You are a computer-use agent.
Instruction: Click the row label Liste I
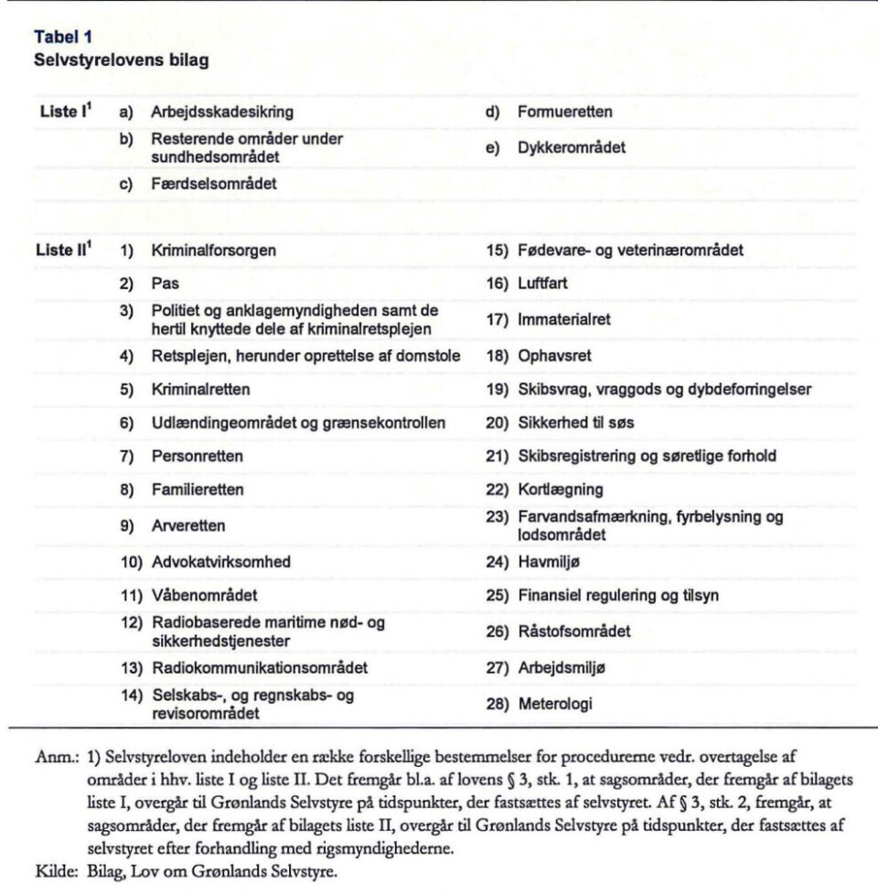point(64,112)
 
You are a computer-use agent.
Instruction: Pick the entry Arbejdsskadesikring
point(222,113)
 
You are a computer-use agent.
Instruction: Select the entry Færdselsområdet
point(214,183)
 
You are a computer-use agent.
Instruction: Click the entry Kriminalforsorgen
point(214,249)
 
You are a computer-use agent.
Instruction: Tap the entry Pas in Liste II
point(165,284)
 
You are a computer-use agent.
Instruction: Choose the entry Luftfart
point(542,284)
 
